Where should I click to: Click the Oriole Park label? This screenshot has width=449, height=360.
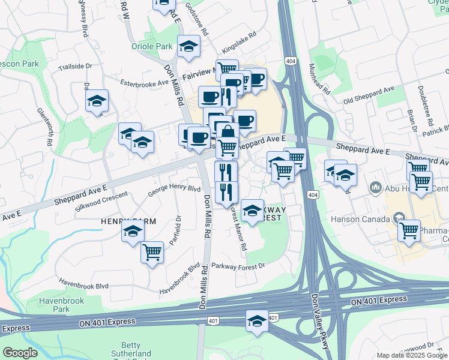[148, 46]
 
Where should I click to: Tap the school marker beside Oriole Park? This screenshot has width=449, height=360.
[188, 46]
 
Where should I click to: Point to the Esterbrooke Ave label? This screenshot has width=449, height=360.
[142, 83]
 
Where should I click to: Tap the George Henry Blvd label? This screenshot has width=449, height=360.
[174, 188]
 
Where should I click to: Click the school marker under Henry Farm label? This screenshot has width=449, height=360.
[133, 232]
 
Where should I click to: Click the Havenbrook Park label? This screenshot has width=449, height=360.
[59, 304]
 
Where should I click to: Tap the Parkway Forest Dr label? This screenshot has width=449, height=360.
[238, 265]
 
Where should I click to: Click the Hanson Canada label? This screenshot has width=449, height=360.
[354, 219]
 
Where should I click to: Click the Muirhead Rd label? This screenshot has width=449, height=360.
[319, 80]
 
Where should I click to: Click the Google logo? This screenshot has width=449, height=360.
[20, 353]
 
